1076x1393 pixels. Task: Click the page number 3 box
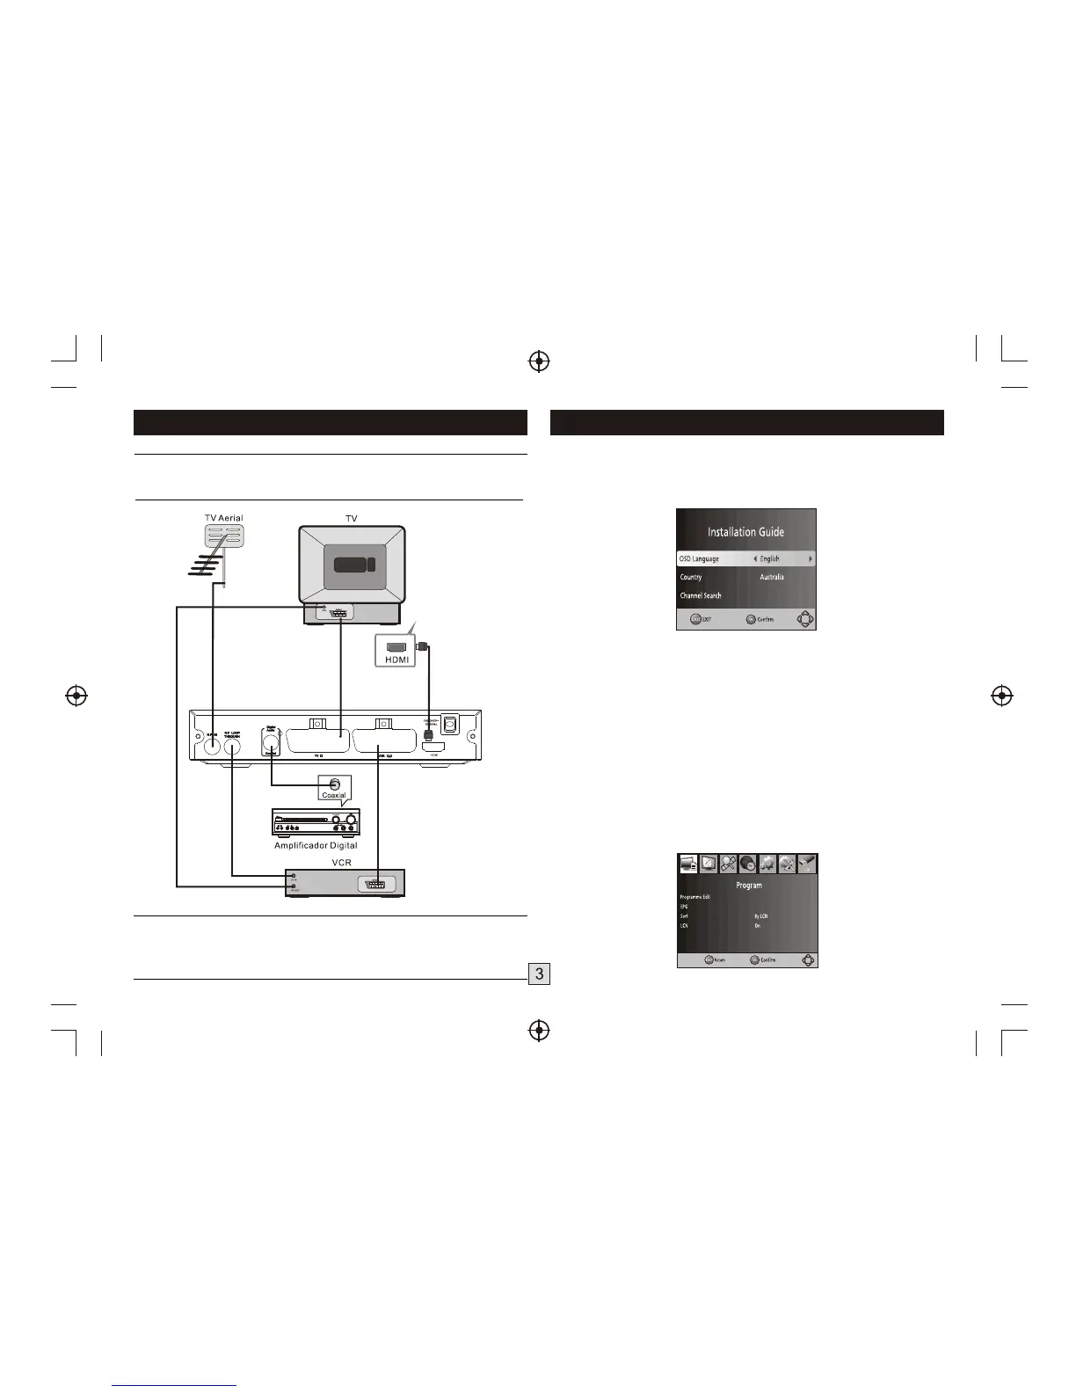pos(539,974)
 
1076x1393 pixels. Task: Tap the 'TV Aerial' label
pos(223,518)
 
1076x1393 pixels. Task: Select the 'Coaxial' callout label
pos(334,795)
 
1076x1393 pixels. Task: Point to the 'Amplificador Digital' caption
pos(316,845)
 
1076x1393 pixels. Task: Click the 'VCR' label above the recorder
pos(341,863)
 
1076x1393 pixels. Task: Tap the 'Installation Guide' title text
pos(745,532)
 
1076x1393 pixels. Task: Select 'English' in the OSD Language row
pos(769,559)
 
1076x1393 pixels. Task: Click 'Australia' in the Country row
pos(772,578)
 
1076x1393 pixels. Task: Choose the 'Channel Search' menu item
pos(701,596)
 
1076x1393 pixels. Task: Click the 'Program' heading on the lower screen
pos(748,886)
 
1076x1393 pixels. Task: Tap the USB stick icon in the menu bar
pos(807,864)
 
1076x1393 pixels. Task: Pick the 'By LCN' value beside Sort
pos(761,916)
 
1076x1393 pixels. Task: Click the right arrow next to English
pos(810,559)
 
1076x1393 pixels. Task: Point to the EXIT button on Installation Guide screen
pos(701,619)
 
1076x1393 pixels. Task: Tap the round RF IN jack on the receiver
pos(212,747)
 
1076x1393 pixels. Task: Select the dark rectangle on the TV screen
pos(352,564)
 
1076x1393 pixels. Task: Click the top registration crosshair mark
pos(539,361)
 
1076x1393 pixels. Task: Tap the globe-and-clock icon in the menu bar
pos(748,864)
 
